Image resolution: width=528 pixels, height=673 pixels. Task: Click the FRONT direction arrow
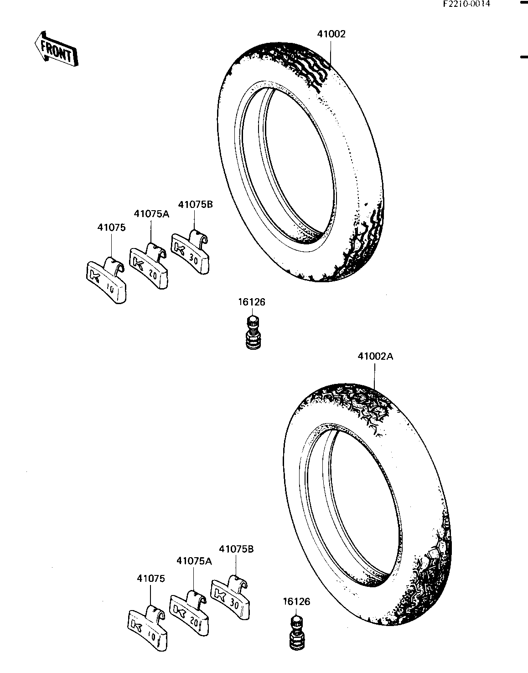click(x=56, y=50)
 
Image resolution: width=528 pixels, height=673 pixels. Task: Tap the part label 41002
click(x=331, y=34)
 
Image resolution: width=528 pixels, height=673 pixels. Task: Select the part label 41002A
click(x=375, y=357)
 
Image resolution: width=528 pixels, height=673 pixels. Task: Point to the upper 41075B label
click(x=195, y=204)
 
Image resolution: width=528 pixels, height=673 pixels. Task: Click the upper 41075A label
click(x=151, y=214)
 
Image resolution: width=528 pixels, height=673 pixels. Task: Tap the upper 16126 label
click(x=252, y=302)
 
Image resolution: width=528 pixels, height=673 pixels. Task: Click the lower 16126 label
click(x=296, y=601)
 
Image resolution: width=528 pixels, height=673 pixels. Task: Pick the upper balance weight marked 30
click(x=191, y=252)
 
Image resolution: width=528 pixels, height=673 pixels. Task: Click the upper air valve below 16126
click(x=254, y=333)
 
